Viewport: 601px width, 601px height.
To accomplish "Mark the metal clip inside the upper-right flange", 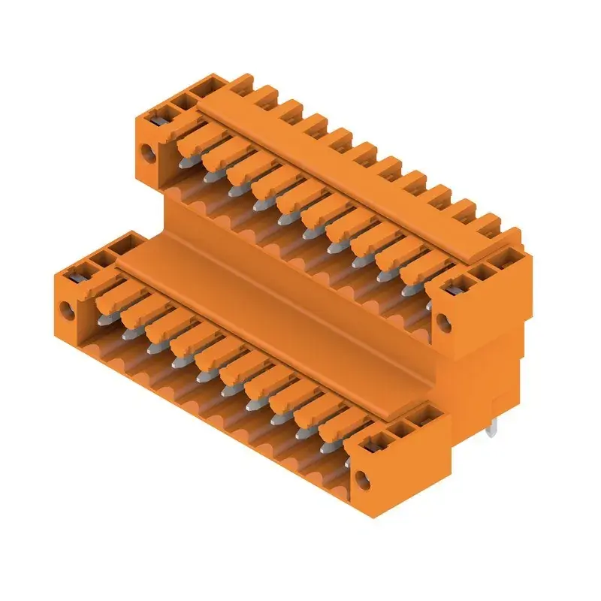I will click(454, 289).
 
